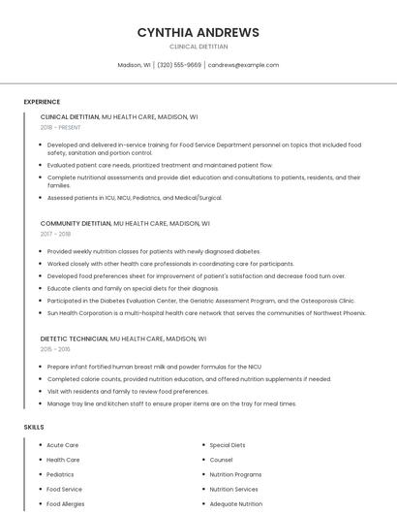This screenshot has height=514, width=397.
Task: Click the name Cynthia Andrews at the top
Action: (x=198, y=32)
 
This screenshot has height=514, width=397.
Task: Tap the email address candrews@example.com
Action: (x=243, y=65)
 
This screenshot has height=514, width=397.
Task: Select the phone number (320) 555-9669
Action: (x=179, y=65)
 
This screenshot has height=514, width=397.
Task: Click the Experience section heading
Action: (x=42, y=102)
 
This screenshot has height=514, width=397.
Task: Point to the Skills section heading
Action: (x=34, y=427)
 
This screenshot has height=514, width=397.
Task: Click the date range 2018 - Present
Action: (x=60, y=127)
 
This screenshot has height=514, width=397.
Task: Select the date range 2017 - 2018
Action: (x=55, y=234)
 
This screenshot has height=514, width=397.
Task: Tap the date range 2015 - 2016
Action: (x=55, y=349)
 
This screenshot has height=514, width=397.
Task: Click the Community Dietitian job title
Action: (x=76, y=223)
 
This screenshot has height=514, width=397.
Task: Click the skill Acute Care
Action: (x=63, y=445)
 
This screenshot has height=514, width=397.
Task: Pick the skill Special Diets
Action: (x=228, y=445)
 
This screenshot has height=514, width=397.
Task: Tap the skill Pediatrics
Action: (x=60, y=474)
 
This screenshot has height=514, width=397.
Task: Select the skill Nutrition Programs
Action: (x=235, y=474)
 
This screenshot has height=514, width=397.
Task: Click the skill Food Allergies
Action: (x=66, y=504)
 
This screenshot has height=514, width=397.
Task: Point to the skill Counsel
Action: (x=221, y=460)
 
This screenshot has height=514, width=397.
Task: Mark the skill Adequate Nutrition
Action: (x=235, y=504)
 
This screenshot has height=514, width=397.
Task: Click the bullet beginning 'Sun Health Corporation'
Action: (x=206, y=313)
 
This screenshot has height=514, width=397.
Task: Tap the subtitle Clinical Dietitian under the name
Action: (x=198, y=47)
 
